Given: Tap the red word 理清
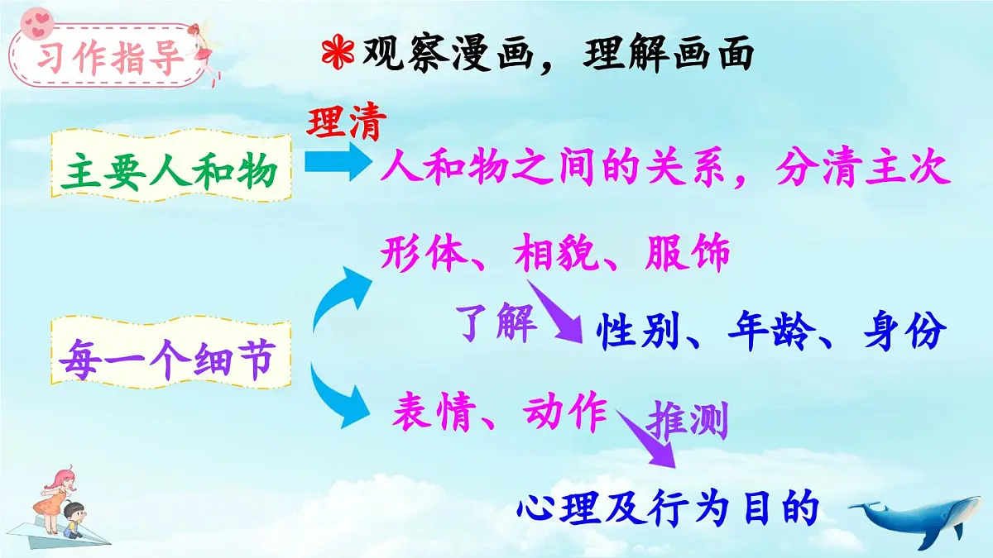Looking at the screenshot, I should [348, 124].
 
